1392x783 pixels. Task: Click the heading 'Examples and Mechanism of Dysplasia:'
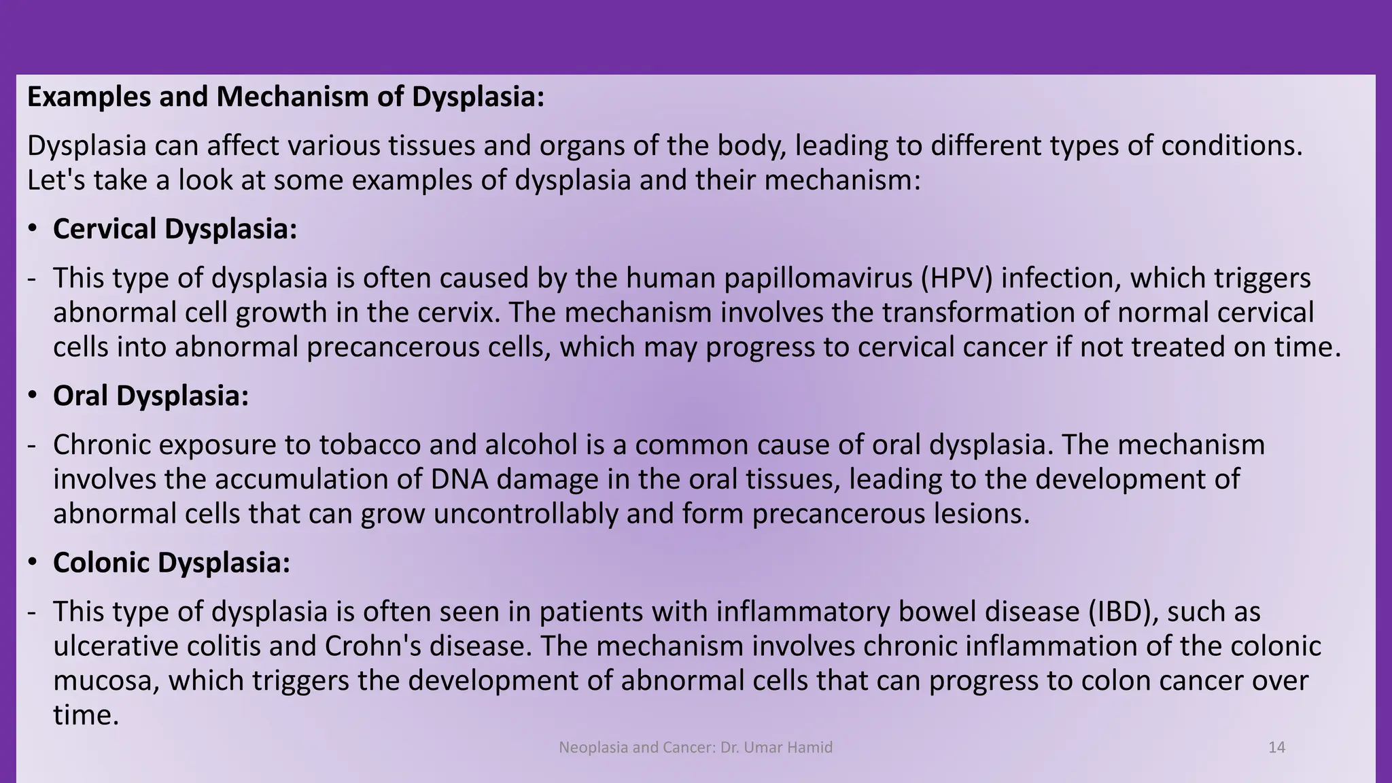coord(285,97)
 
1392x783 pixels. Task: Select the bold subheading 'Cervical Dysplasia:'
coord(175,229)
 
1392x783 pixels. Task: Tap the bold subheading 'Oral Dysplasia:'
coord(151,396)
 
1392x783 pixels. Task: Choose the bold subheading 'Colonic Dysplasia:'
coord(171,563)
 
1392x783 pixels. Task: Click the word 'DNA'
coord(459,479)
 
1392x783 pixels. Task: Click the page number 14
coord(1276,748)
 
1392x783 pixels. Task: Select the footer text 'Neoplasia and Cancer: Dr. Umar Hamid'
coord(695,748)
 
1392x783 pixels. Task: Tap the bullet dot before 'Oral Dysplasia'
coord(33,396)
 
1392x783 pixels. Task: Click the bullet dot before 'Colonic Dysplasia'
coord(33,563)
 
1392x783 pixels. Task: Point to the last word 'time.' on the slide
coord(86,715)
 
